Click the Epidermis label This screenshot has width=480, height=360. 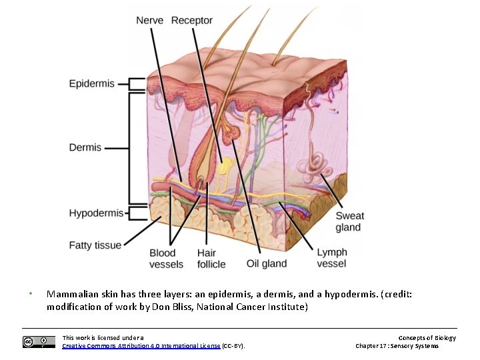[x=92, y=84]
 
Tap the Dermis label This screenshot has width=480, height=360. [x=85, y=147]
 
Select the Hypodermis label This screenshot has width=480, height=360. [x=97, y=213]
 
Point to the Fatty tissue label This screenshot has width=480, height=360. [x=95, y=245]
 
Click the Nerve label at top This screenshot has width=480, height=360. [x=150, y=21]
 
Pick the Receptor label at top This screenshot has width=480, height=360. [x=192, y=21]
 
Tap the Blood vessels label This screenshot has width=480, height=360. [x=166, y=258]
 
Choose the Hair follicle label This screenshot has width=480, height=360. [x=211, y=258]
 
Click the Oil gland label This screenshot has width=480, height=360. [x=267, y=263]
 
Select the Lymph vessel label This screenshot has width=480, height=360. [x=331, y=258]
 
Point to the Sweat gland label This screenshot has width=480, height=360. [x=349, y=221]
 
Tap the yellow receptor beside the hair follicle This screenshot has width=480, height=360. [x=225, y=166]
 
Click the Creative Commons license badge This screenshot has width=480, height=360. [x=39, y=342]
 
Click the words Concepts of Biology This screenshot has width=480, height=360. [x=427, y=338]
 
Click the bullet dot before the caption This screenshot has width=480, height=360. [x=31, y=294]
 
